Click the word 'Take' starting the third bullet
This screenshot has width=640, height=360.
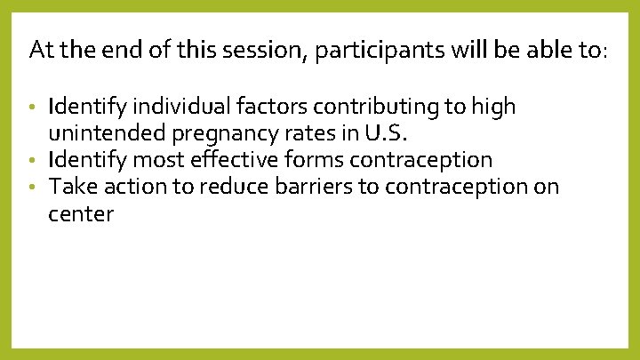point(69,188)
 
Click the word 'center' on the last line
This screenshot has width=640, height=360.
point(81,214)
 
